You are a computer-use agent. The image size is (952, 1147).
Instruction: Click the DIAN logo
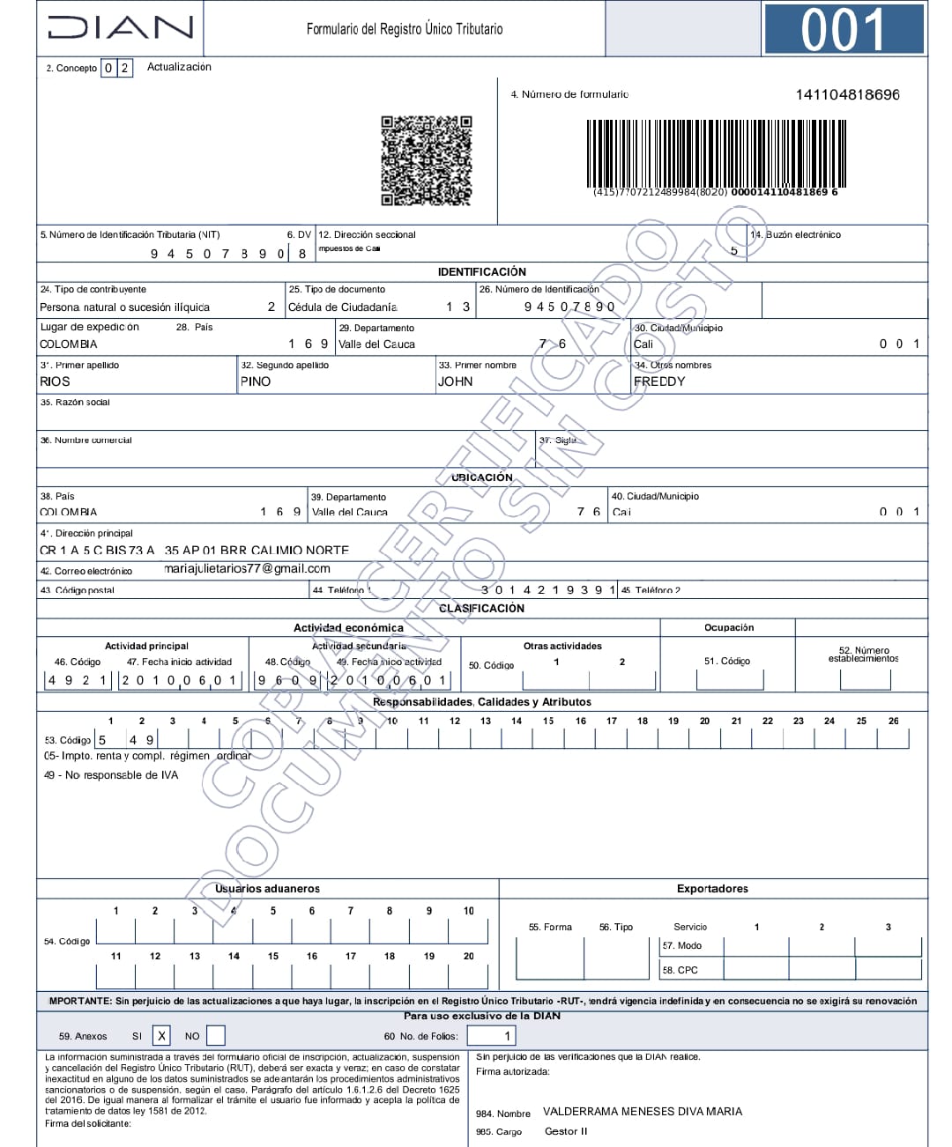tap(121, 27)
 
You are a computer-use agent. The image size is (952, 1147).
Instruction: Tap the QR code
tap(426, 160)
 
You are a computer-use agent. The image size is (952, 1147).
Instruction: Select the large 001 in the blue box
tap(844, 29)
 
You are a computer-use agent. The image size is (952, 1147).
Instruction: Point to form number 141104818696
tap(847, 94)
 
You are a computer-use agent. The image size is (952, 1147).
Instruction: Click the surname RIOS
tap(55, 381)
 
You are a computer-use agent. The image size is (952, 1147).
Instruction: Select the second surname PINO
tap(256, 381)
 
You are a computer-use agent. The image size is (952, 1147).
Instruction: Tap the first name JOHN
tap(455, 381)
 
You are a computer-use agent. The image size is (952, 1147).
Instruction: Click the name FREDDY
tap(659, 381)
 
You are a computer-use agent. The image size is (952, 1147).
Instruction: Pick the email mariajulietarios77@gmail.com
tap(247, 569)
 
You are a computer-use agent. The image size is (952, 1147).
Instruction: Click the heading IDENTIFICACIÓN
tap(481, 272)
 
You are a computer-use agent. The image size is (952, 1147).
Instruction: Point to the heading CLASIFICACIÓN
tap(481, 609)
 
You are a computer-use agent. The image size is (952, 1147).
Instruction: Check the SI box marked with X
tap(161, 1036)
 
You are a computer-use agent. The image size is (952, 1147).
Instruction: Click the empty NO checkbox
tap(215, 1036)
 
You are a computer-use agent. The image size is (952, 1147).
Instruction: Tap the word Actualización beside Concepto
tap(179, 67)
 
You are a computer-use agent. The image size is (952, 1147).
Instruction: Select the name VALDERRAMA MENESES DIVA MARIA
tap(642, 1112)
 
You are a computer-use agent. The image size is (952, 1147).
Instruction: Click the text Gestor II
tap(566, 1131)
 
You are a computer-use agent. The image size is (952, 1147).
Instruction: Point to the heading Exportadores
tap(712, 889)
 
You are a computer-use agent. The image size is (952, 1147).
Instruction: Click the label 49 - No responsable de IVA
tap(111, 775)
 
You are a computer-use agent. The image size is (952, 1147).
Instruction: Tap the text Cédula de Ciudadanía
tap(343, 307)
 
